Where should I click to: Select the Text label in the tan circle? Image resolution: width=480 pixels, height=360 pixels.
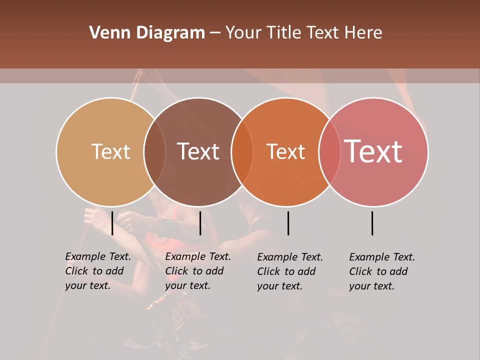tap(110, 151)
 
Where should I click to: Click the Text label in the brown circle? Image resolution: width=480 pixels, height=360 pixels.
tap(198, 151)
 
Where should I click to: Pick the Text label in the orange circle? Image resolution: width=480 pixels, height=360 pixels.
tap(285, 151)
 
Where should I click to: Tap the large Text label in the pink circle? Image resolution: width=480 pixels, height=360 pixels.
tap(373, 151)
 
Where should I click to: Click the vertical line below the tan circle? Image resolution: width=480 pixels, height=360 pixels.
tap(112, 223)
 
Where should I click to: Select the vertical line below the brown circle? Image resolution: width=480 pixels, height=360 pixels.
tap(200, 223)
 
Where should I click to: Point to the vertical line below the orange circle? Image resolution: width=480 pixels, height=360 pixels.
tap(288, 223)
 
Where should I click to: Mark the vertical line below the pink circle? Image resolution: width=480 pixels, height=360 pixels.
tap(372, 223)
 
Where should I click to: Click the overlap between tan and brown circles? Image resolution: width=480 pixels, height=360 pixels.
tap(154, 152)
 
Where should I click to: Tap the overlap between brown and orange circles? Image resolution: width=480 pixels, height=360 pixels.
tap(242, 152)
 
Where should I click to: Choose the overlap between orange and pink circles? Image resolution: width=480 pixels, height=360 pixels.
tap(329, 152)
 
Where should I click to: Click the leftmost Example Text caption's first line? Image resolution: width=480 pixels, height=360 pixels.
tap(98, 256)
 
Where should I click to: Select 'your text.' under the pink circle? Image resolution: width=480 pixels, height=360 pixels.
tap(371, 286)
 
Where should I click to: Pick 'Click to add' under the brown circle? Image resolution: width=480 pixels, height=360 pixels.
tap(194, 271)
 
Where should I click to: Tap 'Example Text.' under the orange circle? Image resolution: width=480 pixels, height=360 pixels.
tap(290, 257)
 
